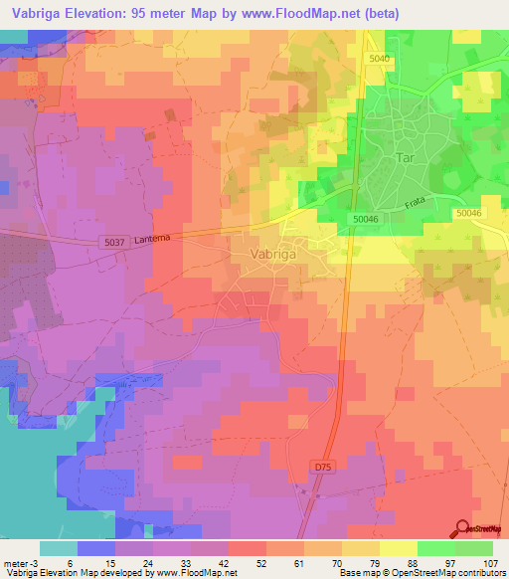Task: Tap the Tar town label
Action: tap(404, 158)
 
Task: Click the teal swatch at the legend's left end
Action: tap(59, 548)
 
